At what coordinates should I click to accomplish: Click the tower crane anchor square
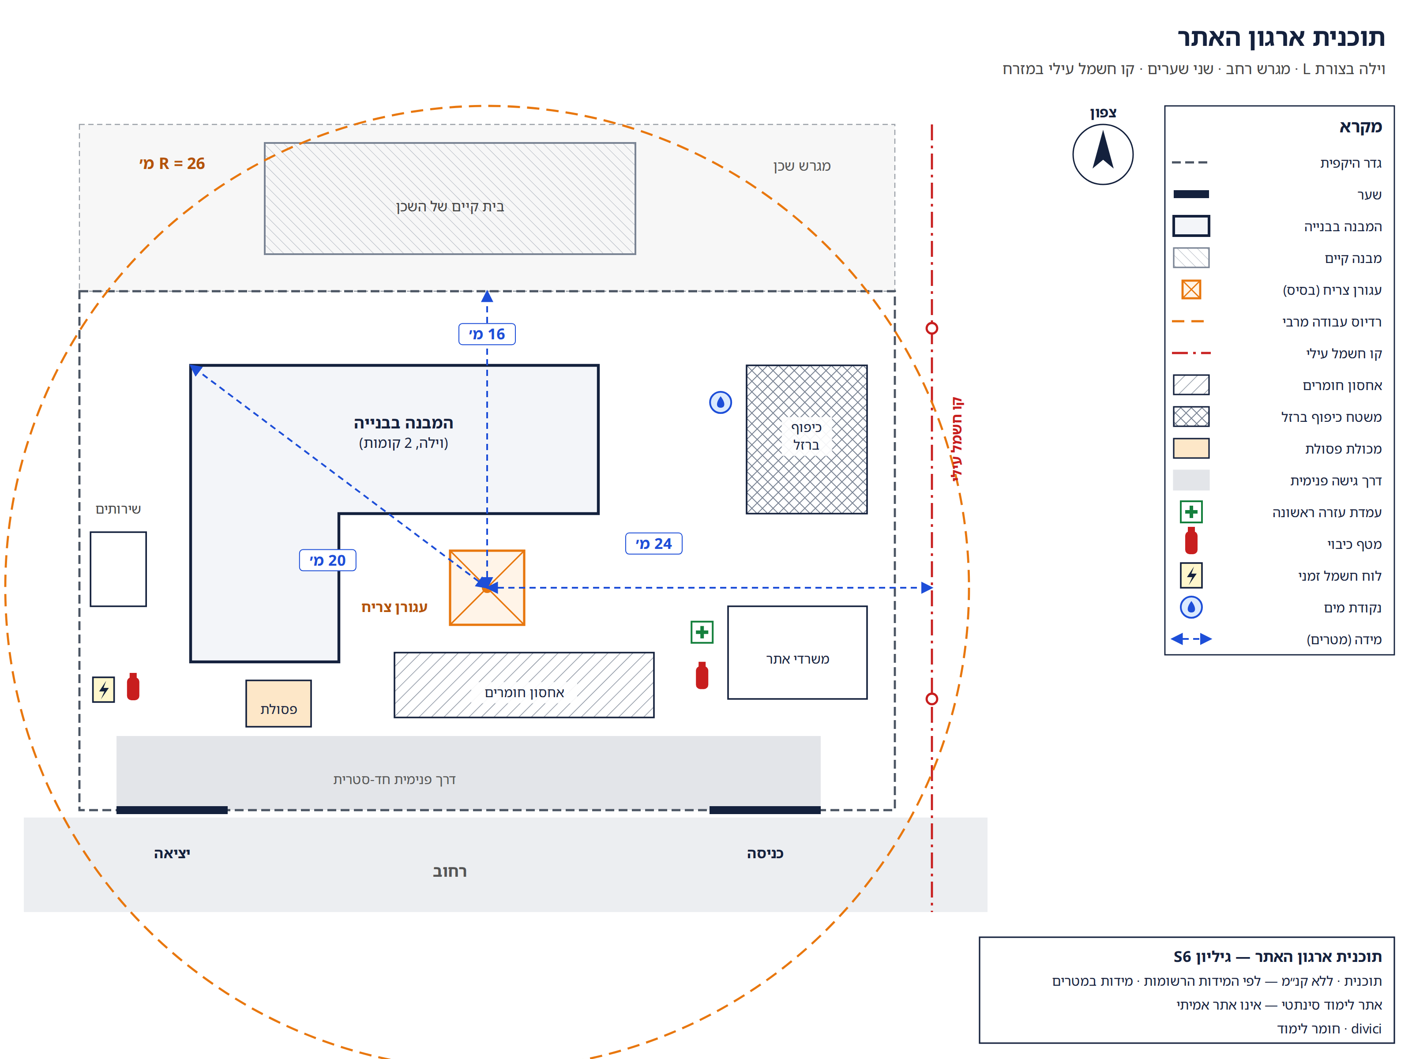[x=487, y=587]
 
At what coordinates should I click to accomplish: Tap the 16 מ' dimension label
[x=487, y=334]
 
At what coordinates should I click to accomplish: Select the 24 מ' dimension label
[x=653, y=544]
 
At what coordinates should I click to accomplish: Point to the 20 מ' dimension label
[x=327, y=560]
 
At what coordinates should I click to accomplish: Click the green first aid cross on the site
[x=702, y=632]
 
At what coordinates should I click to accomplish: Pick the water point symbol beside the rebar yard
[x=721, y=402]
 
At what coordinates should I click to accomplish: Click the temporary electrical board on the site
[x=103, y=689]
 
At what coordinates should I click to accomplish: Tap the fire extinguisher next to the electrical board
[x=133, y=687]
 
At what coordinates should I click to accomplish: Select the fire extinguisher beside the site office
[x=702, y=676]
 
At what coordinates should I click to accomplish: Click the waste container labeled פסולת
[x=278, y=703]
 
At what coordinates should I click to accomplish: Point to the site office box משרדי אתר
[x=797, y=652]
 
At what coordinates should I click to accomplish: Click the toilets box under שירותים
[x=118, y=569]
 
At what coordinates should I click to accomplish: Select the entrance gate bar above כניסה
[x=765, y=810]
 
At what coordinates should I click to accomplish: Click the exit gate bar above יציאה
[x=172, y=810]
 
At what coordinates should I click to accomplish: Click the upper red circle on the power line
[x=931, y=328]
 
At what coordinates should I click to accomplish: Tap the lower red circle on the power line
[x=931, y=699]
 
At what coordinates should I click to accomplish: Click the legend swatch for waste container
[x=1190, y=448]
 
